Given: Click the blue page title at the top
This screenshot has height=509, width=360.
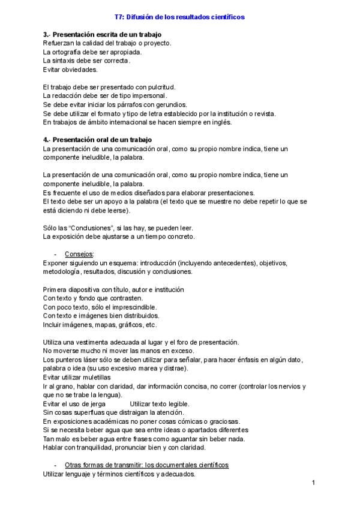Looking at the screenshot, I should click(x=179, y=17).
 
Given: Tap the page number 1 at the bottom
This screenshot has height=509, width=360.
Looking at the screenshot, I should click(x=313, y=483).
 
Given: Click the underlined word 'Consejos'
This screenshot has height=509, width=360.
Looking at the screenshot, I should click(x=79, y=254).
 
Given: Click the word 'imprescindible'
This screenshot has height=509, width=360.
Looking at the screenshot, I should click(x=130, y=307).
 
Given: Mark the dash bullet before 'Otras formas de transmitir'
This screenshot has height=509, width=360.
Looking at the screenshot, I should click(x=56, y=465).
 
